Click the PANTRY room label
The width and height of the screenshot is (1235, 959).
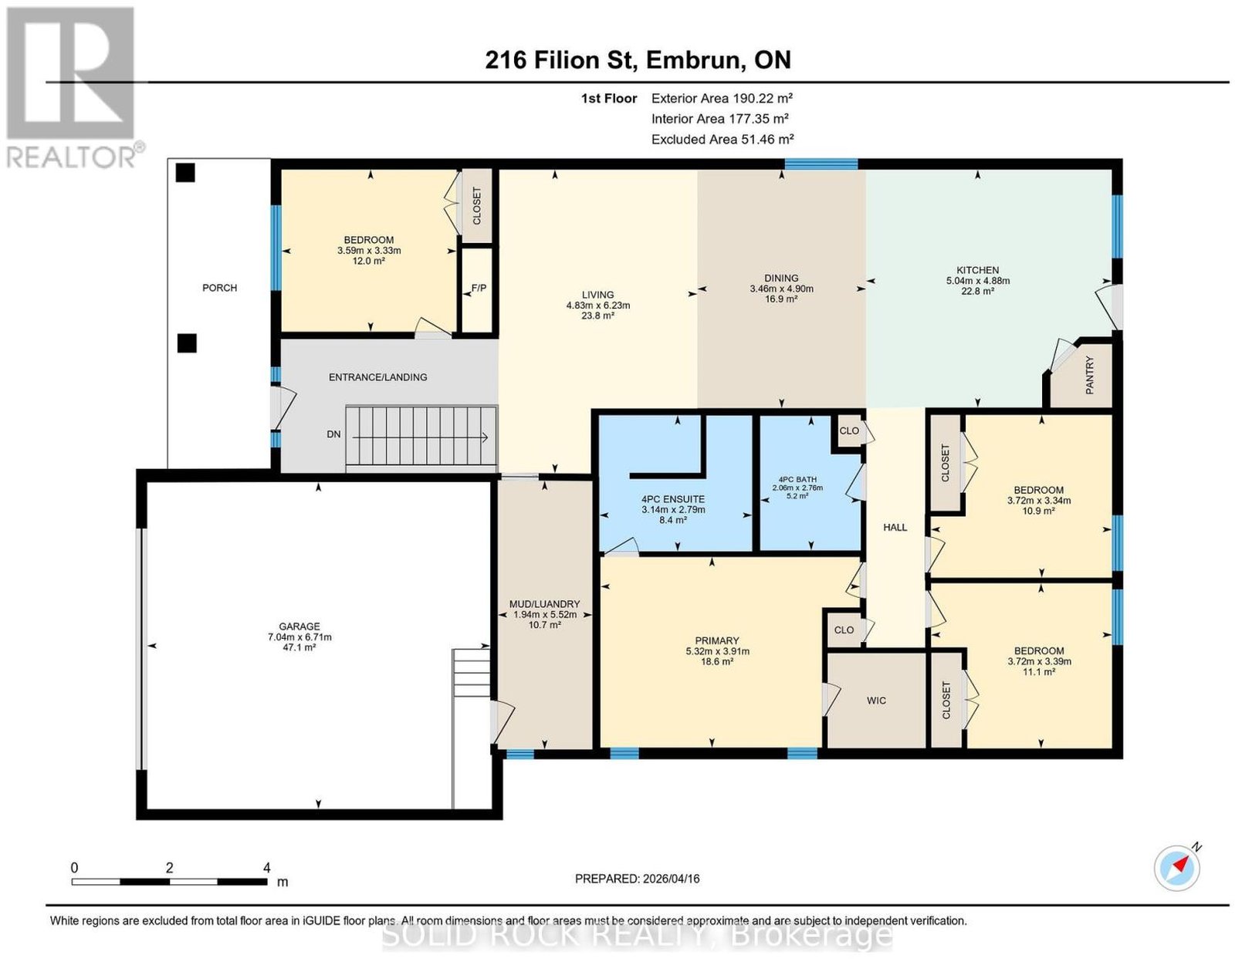click(1090, 375)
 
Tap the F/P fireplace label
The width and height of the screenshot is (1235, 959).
click(479, 289)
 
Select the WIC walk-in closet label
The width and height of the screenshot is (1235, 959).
click(876, 701)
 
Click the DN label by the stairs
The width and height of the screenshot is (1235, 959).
click(333, 434)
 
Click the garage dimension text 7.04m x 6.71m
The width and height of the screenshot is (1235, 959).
click(299, 637)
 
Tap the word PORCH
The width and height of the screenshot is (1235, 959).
click(220, 288)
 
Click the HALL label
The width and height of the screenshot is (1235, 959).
click(895, 528)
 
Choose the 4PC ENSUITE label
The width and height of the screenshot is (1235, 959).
click(673, 499)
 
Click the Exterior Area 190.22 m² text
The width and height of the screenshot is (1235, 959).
click(722, 98)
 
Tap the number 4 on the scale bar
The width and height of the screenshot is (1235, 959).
click(266, 868)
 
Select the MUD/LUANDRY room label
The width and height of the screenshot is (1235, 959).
click(544, 604)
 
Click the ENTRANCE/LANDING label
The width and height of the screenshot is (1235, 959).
click(378, 377)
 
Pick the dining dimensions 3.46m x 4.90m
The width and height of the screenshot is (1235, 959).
click(781, 289)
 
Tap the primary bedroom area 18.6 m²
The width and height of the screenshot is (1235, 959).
click(716, 662)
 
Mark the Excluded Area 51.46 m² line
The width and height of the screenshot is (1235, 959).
click(722, 139)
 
